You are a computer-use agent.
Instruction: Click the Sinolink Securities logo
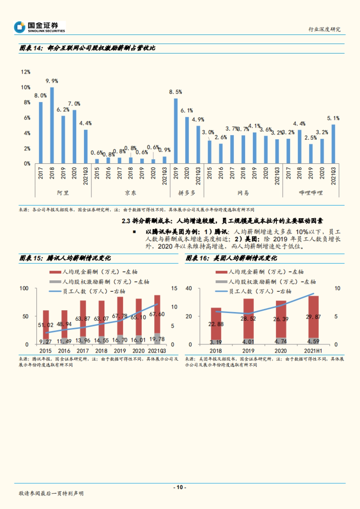coord(39,27)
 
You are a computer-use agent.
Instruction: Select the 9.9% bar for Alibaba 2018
coord(52,125)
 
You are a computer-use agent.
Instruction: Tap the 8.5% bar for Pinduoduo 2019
coord(176,131)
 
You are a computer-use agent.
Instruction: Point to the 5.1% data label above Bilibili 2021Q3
coord(333,118)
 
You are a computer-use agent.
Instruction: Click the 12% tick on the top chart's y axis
coord(25,72)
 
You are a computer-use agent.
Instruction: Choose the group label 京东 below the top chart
coord(130,193)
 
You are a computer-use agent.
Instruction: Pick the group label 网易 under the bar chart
coord(243,193)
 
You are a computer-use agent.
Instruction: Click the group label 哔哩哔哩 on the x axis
coord(311,193)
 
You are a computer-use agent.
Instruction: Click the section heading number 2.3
coord(126,221)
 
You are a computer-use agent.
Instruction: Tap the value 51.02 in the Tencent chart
coord(46,325)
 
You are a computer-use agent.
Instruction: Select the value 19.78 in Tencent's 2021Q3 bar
coord(157,339)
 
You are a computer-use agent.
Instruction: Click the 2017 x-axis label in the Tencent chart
coord(83,351)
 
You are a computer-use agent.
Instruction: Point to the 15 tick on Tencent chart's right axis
coord(174,288)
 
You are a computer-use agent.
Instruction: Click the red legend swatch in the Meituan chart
coord(221,272)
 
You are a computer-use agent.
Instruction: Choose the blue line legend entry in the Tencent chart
coord(55,291)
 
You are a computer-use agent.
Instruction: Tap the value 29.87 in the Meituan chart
coord(313,317)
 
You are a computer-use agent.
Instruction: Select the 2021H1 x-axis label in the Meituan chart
coord(313,351)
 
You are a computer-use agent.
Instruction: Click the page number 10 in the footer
coord(180,487)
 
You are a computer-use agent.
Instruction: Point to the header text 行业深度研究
coord(324,29)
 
